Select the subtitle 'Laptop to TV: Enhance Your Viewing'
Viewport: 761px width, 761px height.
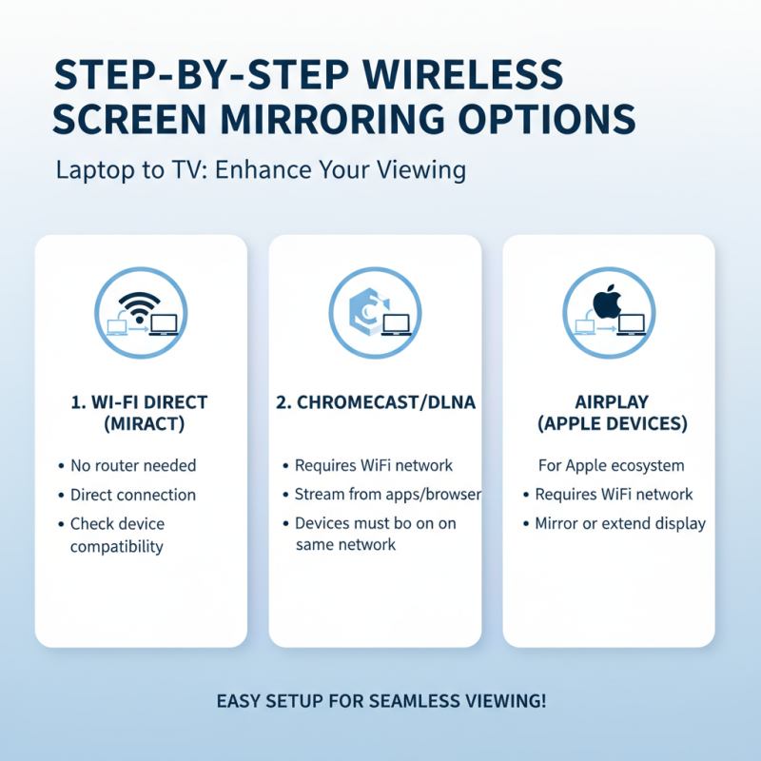click(x=261, y=170)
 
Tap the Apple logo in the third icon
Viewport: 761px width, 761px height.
click(x=606, y=303)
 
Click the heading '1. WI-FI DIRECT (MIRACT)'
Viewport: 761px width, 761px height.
click(x=140, y=413)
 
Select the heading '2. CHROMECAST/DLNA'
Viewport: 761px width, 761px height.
click(x=375, y=402)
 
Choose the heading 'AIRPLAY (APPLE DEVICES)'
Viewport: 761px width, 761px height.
click(x=609, y=413)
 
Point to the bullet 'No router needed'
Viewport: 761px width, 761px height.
click(x=133, y=466)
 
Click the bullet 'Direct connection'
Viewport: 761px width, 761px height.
click(x=133, y=495)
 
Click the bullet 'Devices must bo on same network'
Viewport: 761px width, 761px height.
click(x=375, y=535)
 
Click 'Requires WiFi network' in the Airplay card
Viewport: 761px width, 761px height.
click(x=614, y=495)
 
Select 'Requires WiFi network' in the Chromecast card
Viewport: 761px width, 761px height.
click(x=374, y=466)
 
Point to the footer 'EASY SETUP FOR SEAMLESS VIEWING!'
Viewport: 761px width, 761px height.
click(x=381, y=701)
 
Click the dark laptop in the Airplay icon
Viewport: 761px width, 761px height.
click(x=631, y=325)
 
